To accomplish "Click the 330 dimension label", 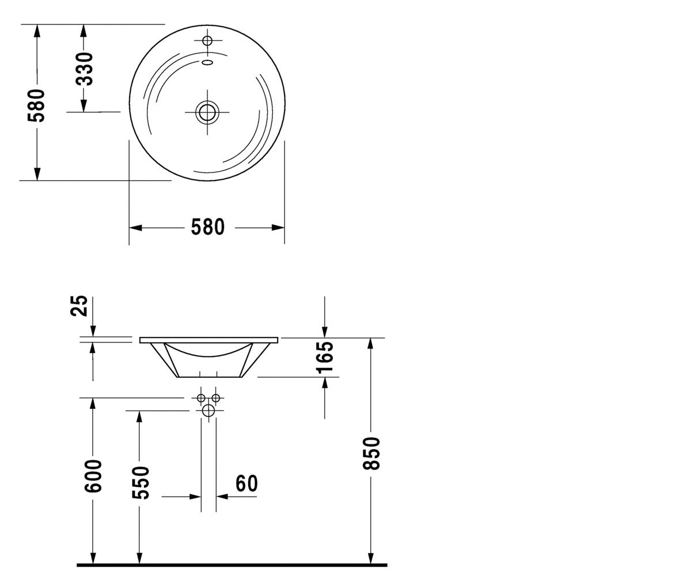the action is coord(84,69).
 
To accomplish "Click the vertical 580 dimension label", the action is coord(36,105).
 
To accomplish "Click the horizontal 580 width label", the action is coord(207,227).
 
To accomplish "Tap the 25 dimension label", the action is coord(79,305).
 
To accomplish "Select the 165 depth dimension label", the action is coord(325,358).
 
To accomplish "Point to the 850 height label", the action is coord(371,453).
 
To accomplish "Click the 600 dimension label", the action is coord(93,476).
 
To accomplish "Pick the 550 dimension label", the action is coord(141,482).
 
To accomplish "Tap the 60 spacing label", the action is coord(246,484).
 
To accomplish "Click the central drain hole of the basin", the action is coord(207,112).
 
